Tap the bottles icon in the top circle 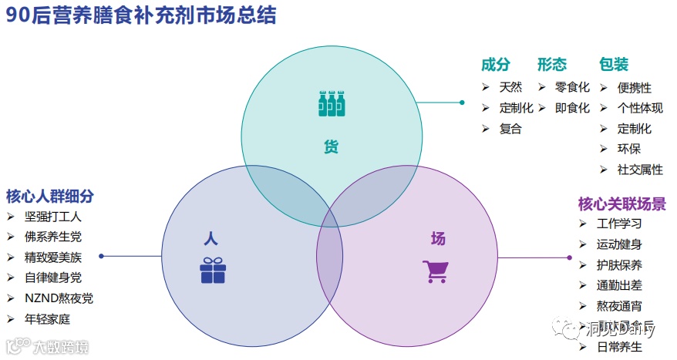pos(332,104)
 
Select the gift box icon pos(213,270)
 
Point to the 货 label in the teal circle pos(331,146)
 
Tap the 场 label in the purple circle pos(438,238)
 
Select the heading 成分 pos(496,65)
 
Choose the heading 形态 pos(552,65)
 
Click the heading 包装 pos(614,65)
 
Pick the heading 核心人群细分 pos(50,196)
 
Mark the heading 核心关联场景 pos(622,204)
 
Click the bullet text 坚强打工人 pos(53,217)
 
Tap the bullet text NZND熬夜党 pos(59,298)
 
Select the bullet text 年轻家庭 pos(48,318)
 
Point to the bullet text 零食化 pos(572,88)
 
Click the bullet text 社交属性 pos(640,170)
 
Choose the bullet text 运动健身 pos(619,244)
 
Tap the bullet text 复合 pos(510,129)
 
